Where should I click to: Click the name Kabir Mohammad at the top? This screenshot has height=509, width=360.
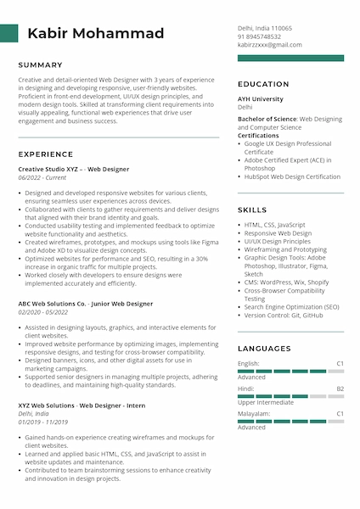click(x=96, y=34)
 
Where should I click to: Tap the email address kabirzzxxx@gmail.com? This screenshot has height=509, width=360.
click(x=269, y=45)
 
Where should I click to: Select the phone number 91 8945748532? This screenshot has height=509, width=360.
click(x=259, y=36)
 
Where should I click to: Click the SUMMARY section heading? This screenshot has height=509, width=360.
click(x=41, y=64)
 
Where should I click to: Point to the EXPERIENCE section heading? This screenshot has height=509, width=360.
click(x=46, y=154)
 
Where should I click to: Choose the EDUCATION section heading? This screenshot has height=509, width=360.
click(x=263, y=84)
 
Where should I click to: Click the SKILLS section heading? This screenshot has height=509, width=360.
click(x=252, y=209)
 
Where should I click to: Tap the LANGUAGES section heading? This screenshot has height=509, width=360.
click(x=264, y=348)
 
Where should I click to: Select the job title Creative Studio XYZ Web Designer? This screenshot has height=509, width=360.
click(x=74, y=169)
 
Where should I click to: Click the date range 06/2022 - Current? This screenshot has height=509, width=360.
click(x=42, y=177)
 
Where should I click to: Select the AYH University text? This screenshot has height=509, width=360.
click(x=261, y=99)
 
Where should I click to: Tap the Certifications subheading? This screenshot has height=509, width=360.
click(x=258, y=136)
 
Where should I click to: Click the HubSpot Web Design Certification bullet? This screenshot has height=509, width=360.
click(x=292, y=177)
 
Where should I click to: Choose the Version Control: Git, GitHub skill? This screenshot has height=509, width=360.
click(x=284, y=315)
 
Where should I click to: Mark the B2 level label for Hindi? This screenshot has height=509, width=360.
click(x=340, y=389)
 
